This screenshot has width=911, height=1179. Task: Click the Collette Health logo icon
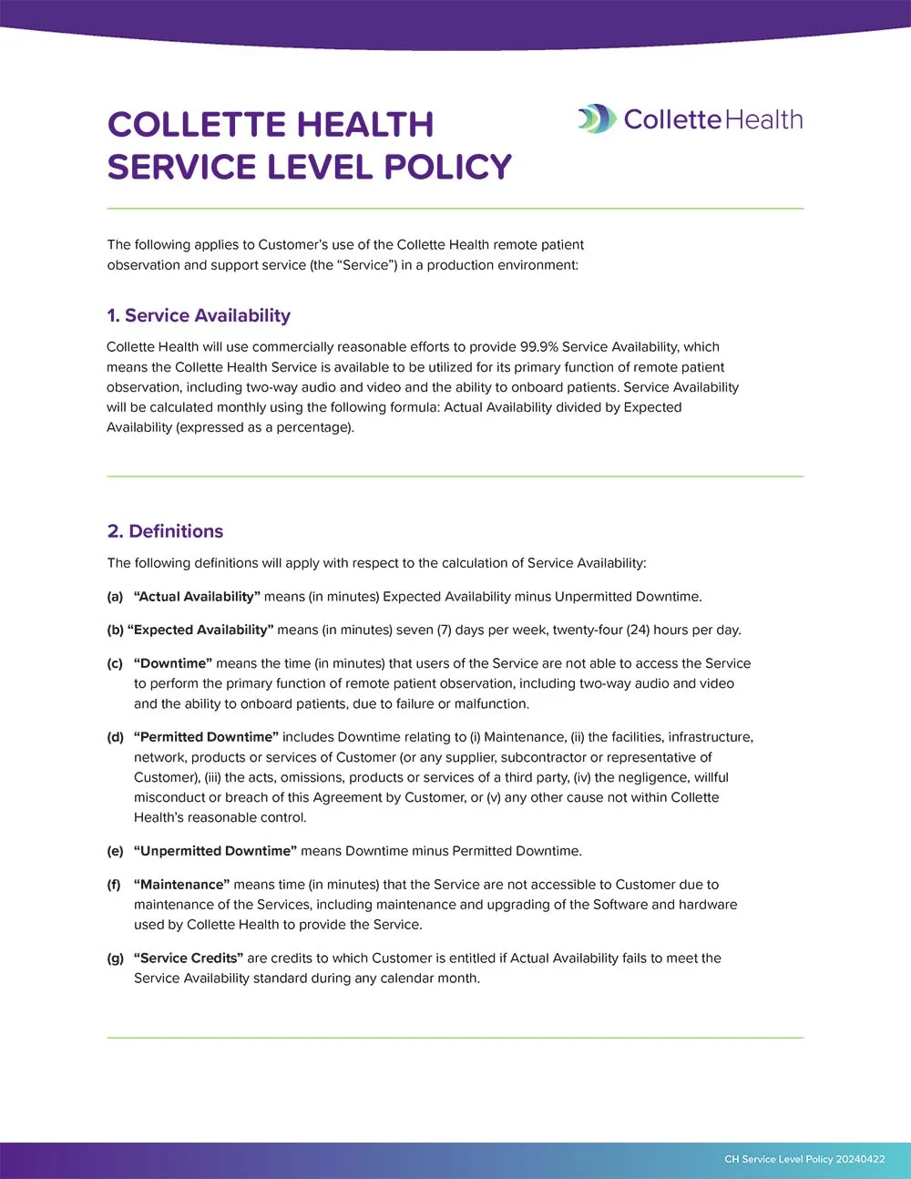[597, 119]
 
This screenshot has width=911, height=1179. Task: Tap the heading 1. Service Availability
[199, 316]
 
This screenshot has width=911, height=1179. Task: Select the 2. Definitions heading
[165, 531]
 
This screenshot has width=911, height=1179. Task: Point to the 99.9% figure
[538, 347]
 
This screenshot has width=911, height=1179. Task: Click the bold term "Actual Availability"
[197, 597]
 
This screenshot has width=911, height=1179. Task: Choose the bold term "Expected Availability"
[200, 630]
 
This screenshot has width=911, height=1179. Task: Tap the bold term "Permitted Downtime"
[207, 737]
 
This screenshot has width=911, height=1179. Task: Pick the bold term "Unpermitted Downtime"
[216, 851]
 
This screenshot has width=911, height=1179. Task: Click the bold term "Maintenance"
[182, 885]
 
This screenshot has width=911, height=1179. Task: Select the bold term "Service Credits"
[189, 959]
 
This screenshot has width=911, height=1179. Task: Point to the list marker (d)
[115, 737]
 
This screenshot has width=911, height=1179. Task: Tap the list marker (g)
[115, 959]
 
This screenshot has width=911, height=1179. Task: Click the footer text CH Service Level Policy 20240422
[804, 1159]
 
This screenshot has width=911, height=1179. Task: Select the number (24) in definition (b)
[638, 630]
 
